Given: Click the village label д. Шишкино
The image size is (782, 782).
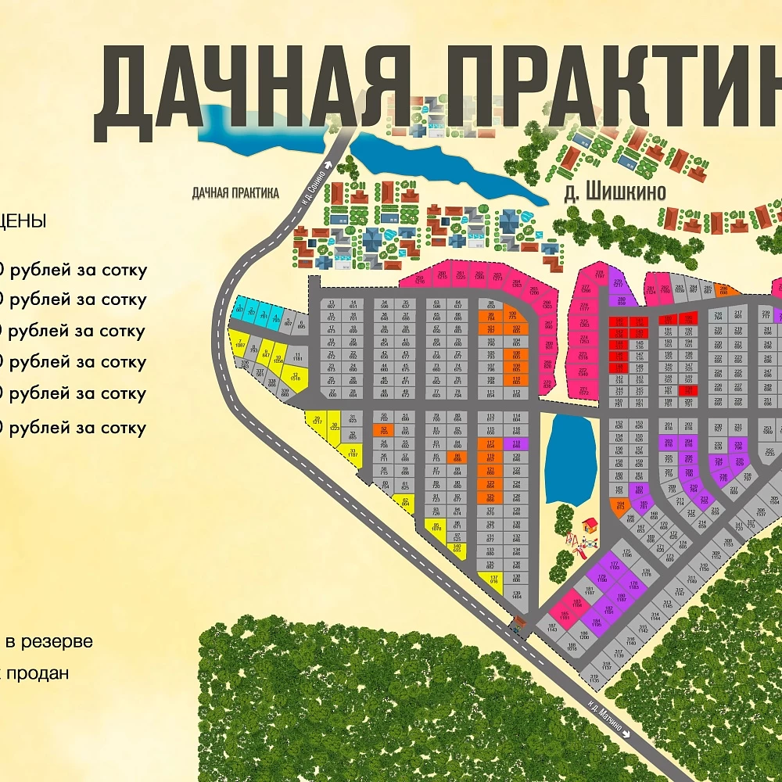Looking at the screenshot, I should (x=615, y=192).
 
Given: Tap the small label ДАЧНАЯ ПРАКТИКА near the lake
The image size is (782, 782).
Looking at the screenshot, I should (x=235, y=193).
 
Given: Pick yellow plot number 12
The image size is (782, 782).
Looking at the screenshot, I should (x=295, y=377).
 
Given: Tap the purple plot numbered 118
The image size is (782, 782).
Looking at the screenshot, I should (x=515, y=443).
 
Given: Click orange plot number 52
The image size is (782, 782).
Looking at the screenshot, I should (x=383, y=429).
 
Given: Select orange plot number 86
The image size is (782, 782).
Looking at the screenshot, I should (x=457, y=457).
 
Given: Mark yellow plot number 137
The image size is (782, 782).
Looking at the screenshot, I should (x=493, y=579).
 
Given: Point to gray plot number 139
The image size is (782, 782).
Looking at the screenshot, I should (x=516, y=594).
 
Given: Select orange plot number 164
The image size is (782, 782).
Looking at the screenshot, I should (x=620, y=505).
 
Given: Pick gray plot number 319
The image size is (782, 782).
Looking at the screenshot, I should (x=594, y=678).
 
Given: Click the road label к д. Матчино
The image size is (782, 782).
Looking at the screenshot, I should (x=608, y=715).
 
